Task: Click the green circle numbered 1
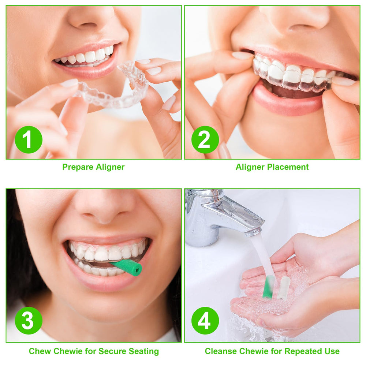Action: pos(29,139)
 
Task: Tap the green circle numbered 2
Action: pos(205,139)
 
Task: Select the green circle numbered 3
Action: pos(29,321)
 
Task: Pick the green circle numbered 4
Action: pos(205,321)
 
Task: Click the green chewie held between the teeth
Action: pos(126,267)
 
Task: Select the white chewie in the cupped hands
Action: pos(283,288)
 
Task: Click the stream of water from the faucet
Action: pos(263,253)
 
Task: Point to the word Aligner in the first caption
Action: pos(110,167)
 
